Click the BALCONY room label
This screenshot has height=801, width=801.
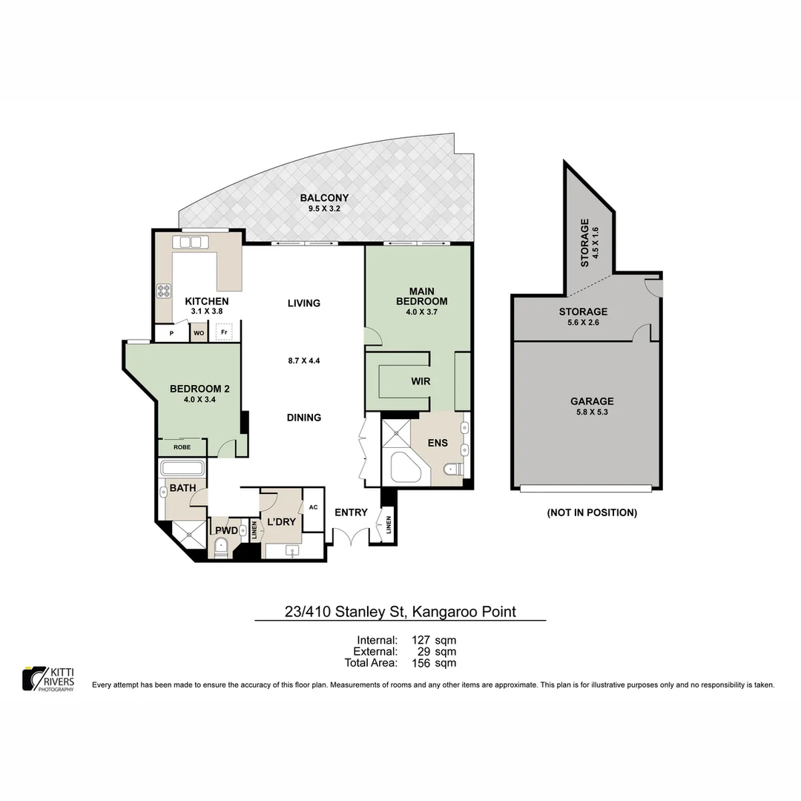(x=324, y=198)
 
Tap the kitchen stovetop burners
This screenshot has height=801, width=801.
(x=163, y=291)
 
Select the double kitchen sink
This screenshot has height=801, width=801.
(x=191, y=242)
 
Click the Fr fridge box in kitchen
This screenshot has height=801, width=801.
(x=222, y=333)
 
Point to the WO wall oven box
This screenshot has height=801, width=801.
(x=199, y=334)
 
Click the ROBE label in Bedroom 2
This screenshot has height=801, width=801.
(x=182, y=447)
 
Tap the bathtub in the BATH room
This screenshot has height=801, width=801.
(x=182, y=469)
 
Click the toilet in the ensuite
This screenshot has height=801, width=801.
(x=452, y=469)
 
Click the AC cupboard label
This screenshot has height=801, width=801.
(x=313, y=507)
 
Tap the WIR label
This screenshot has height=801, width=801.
(x=421, y=381)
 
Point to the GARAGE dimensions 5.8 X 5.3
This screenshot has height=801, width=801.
(x=592, y=412)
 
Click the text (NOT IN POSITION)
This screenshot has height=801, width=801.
(x=591, y=512)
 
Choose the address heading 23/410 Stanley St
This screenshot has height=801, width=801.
(x=400, y=612)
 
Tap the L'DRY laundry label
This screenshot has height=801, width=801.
(x=282, y=522)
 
